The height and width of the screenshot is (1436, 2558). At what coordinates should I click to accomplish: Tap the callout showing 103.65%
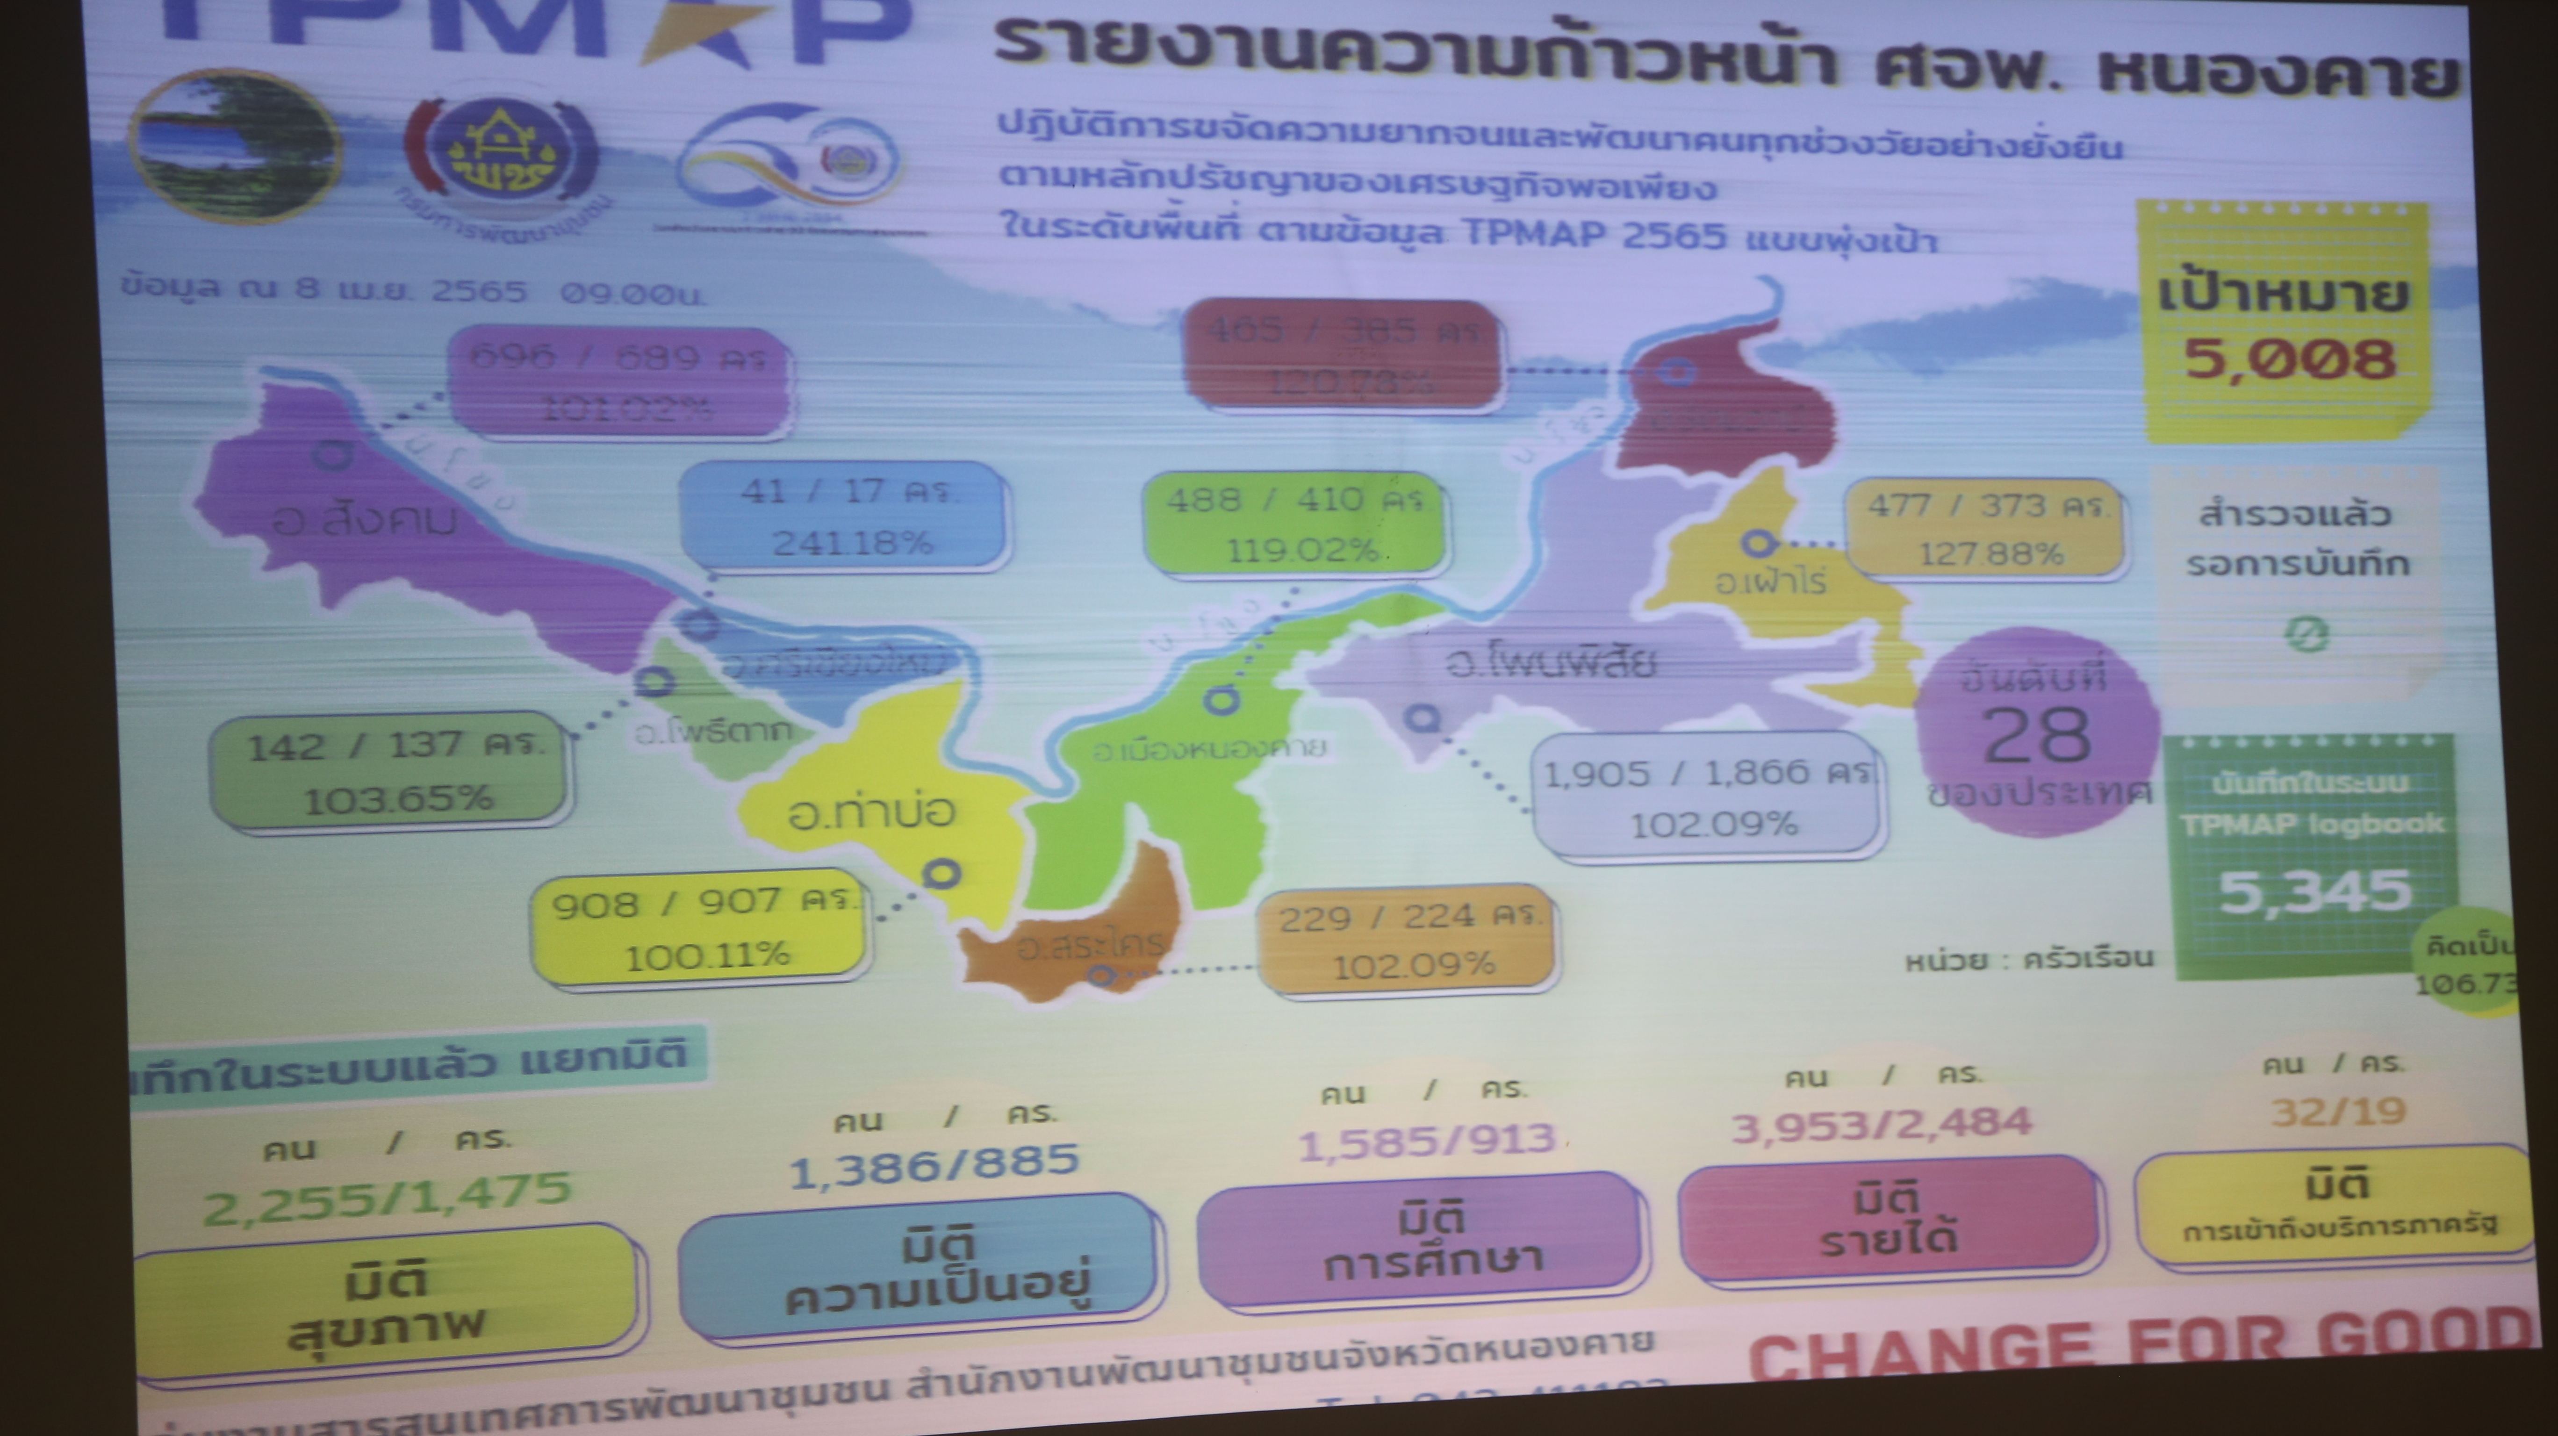pos(395,769)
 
